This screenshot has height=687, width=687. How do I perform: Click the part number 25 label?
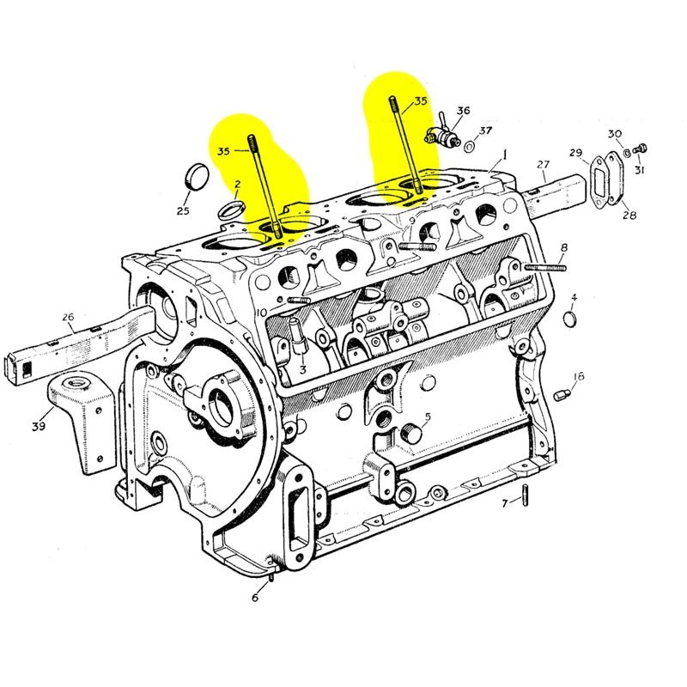tap(183, 211)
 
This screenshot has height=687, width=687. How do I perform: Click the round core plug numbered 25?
tap(197, 176)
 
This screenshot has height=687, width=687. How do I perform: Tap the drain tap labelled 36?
tap(442, 133)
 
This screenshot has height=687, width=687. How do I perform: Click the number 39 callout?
tap(38, 427)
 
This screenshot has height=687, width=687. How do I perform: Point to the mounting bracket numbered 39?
tap(82, 412)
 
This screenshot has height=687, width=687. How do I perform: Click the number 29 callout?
tap(575, 153)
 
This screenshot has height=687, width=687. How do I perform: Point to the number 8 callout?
tap(564, 248)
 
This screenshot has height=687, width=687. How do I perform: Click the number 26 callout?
tap(68, 317)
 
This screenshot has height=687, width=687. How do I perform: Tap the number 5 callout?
tap(428, 416)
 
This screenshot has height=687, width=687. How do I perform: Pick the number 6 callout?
tap(255, 598)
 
